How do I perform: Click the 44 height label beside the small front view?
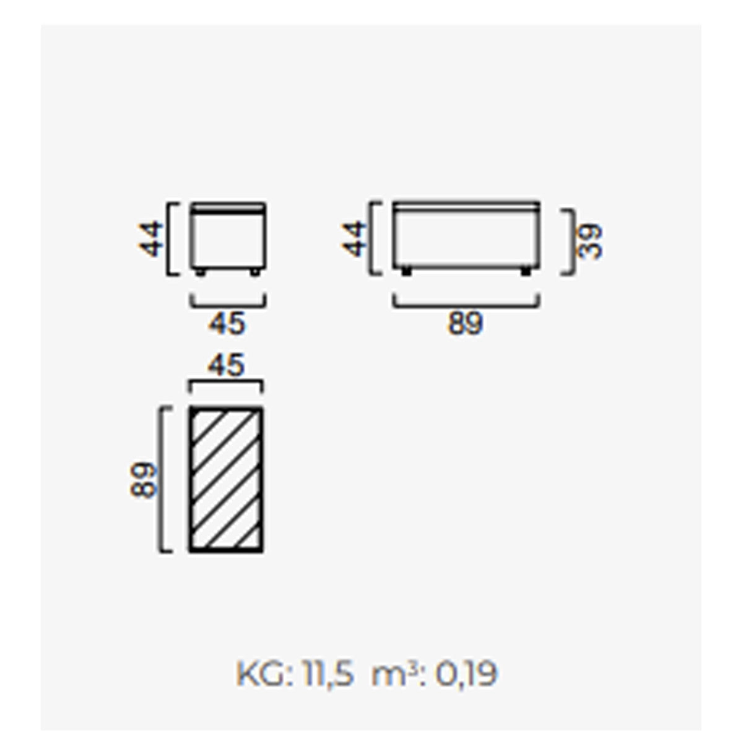[x=150, y=238]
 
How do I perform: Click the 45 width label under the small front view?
[x=227, y=323]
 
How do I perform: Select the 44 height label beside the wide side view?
[x=354, y=238]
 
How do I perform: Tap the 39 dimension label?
[x=589, y=241]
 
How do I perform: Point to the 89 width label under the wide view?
[x=465, y=323]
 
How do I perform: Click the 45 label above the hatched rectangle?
[x=227, y=365]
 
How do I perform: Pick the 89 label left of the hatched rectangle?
[x=144, y=480]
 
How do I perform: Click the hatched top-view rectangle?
[x=227, y=479]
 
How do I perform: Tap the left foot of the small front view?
[x=200, y=272]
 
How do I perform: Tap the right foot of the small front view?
[x=255, y=272]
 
